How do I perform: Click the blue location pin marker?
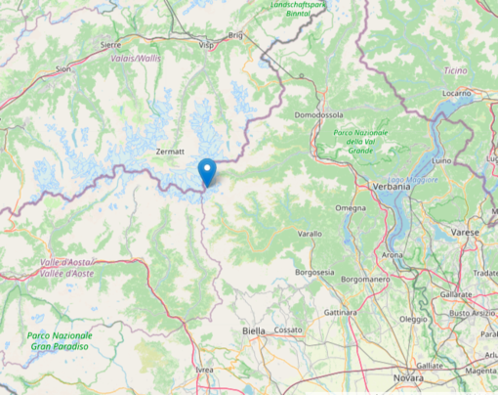pos(207,173)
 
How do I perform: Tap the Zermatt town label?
pos(170,153)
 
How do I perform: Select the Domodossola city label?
pos(320,114)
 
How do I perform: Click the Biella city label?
pos(254,331)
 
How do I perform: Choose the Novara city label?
pos(408,376)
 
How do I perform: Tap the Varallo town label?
pos(310,235)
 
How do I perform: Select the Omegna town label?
pos(350,208)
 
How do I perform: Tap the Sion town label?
pos(64,69)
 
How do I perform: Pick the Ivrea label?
pos(203,370)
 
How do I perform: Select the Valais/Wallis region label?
pos(128,59)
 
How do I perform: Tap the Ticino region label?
pos(455,71)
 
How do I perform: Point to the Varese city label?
pos(466,233)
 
